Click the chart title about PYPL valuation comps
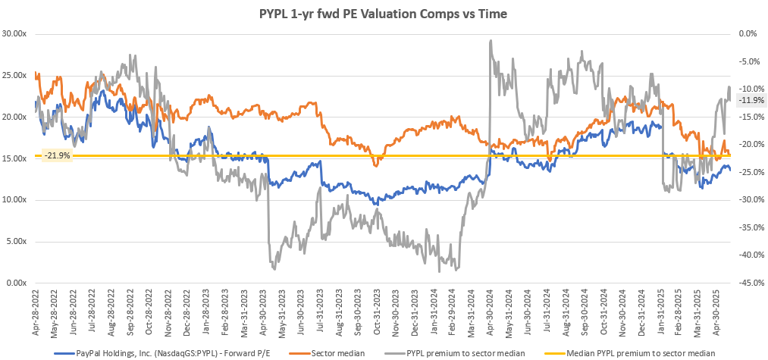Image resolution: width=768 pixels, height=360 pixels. click(384, 14)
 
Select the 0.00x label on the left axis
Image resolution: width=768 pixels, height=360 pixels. click(17, 283)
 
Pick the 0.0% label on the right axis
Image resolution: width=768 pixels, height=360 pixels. click(748, 34)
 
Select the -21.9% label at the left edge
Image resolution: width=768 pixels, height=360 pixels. click(57, 155)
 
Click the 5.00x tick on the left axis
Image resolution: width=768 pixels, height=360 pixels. click(17, 242)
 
